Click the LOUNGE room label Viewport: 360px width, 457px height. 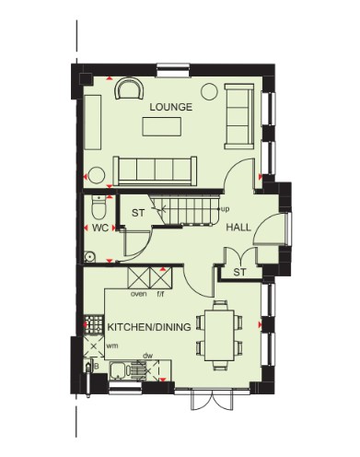click(171, 107)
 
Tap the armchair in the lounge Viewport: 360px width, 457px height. click(129, 88)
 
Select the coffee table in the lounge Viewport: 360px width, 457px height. click(162, 126)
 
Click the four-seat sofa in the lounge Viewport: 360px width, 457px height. click(155, 171)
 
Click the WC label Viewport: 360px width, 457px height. click(100, 228)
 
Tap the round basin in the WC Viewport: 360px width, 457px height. click(89, 256)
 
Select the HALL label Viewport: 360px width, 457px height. click(238, 228)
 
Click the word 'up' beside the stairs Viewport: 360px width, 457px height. click(225, 209)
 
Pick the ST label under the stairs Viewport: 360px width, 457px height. click(138, 213)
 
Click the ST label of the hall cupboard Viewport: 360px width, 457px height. click(239, 272)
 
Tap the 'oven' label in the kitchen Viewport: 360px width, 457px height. click(139, 294)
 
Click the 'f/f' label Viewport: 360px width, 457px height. click(160, 294)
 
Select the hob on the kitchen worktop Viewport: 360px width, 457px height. click(94, 324)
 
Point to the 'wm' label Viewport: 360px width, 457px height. click(112, 346)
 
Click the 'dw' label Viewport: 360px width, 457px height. click(148, 357)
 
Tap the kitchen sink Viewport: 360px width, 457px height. click(119, 370)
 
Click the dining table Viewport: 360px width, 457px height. click(219, 335)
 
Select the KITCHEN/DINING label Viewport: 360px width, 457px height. click(149, 327)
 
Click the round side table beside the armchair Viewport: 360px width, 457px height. click(210, 91)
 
